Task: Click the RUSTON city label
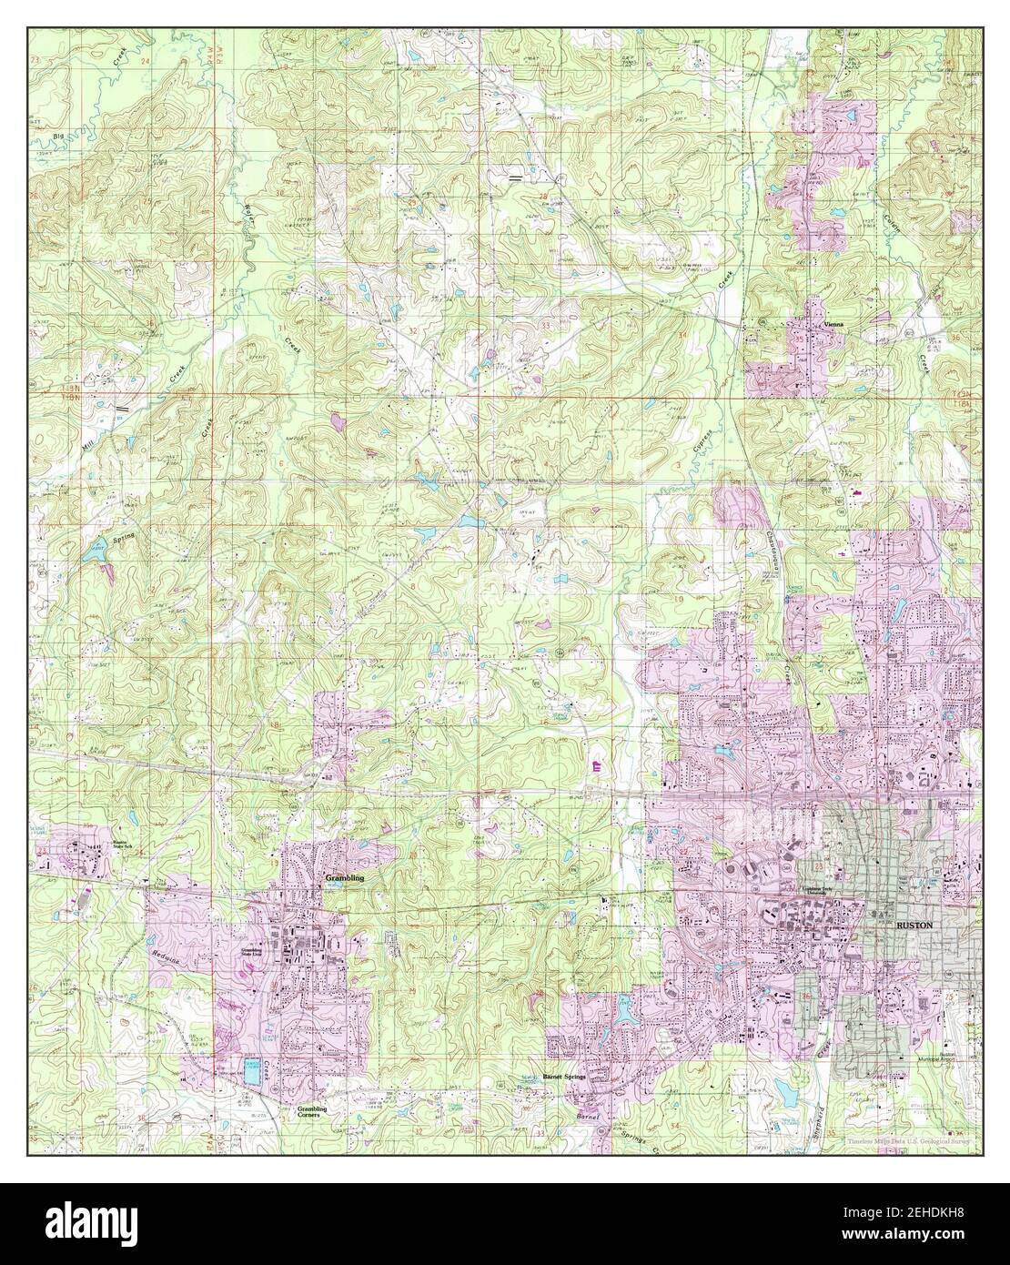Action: (914, 923)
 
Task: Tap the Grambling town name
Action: (344, 877)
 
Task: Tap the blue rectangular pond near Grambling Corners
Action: (251, 1072)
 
